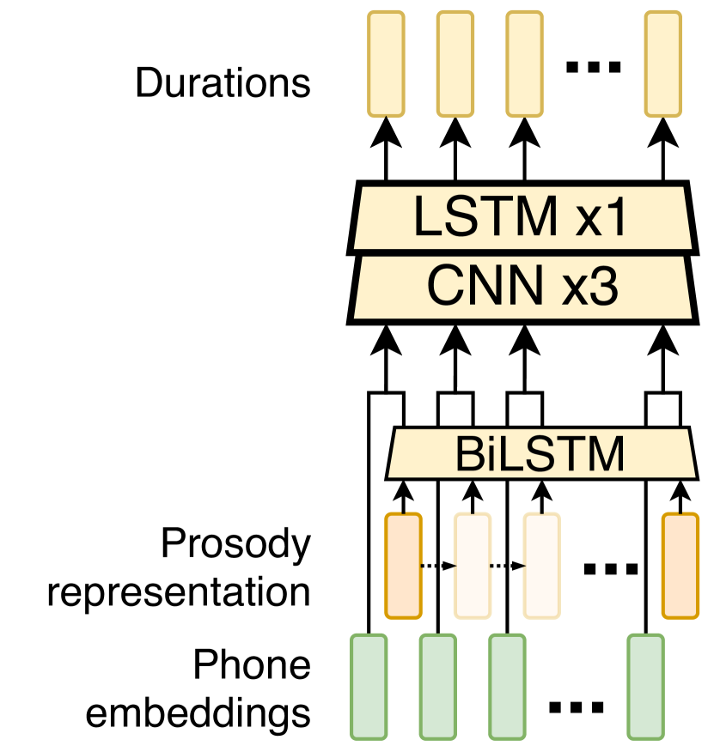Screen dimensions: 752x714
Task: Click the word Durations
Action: click(x=223, y=83)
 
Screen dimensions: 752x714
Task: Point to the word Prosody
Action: click(x=235, y=545)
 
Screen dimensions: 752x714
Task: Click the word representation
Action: click(x=178, y=592)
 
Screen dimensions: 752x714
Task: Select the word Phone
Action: click(x=251, y=665)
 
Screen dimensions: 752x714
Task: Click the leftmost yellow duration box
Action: click(x=386, y=64)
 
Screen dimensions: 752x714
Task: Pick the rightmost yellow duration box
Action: click(x=663, y=64)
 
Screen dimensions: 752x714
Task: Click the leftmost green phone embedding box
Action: click(x=368, y=685)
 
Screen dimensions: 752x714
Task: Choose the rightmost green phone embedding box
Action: click(x=645, y=685)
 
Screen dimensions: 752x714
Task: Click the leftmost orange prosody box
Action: click(x=403, y=565)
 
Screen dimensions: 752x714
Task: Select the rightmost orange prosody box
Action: click(x=680, y=565)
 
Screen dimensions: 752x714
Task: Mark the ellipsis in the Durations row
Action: click(x=594, y=67)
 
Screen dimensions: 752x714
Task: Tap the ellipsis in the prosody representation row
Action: click(x=611, y=568)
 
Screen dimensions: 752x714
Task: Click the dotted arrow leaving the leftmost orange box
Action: click(x=437, y=566)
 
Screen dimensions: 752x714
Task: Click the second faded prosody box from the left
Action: click(x=542, y=565)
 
